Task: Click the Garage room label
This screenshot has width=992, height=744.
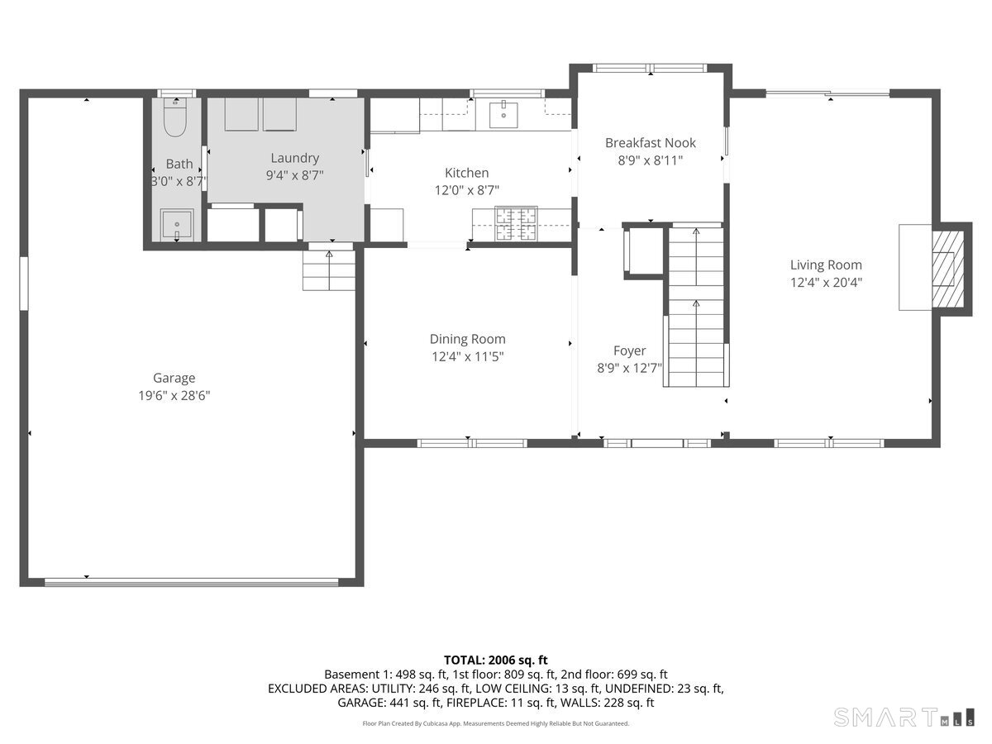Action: [x=174, y=378]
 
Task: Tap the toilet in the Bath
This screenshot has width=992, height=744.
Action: [x=175, y=117]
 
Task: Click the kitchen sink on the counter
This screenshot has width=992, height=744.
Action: [x=503, y=115]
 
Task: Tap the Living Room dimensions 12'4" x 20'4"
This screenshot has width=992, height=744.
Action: [x=825, y=283]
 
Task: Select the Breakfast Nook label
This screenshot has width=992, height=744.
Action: [x=650, y=143]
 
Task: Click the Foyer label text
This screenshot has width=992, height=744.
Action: [x=629, y=351]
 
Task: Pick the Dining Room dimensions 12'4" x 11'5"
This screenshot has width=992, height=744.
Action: [x=467, y=357]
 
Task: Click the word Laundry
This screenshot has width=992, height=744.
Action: [x=294, y=158]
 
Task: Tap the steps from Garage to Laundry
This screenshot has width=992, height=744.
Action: [x=328, y=270]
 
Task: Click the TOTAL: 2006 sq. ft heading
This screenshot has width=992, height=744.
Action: [x=495, y=660]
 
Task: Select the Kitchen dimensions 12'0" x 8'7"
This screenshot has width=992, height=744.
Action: [x=467, y=190]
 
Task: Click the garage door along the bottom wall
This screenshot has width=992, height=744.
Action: [x=191, y=582]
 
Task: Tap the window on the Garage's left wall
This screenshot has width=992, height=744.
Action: [x=24, y=284]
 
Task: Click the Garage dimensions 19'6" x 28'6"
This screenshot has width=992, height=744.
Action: [x=174, y=396]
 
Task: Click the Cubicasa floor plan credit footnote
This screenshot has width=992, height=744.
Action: [x=495, y=723]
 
